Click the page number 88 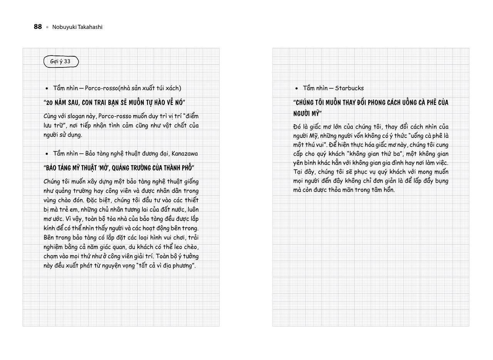[x=38, y=27]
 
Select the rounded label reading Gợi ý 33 [x=61, y=61]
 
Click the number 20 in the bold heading [x=50, y=103]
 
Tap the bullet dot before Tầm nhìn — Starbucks [x=297, y=88]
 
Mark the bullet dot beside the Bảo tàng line [x=47, y=154]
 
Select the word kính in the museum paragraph [x=49, y=228]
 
